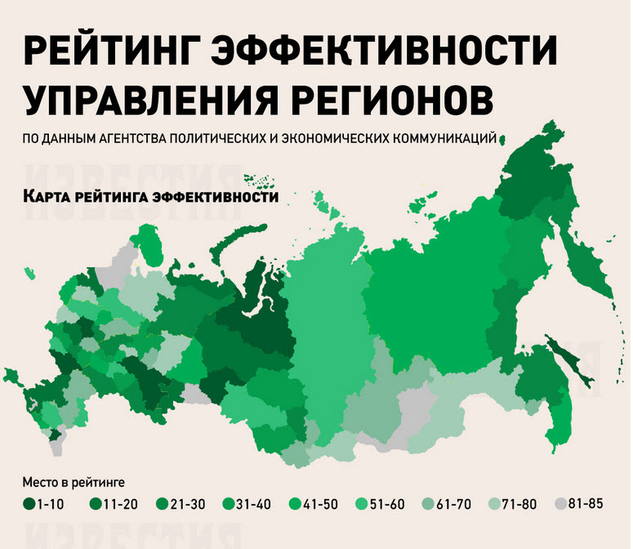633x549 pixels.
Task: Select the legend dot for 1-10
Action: [29, 504]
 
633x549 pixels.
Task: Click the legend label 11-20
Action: [120, 504]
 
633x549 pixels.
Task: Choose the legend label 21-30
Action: [187, 504]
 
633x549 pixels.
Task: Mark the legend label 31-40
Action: [254, 504]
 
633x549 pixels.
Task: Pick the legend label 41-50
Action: [321, 504]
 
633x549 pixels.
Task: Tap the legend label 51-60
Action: [388, 504]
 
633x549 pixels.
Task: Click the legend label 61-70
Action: [454, 504]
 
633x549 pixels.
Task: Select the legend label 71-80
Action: [521, 504]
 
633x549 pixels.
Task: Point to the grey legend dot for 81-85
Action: [560, 503]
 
